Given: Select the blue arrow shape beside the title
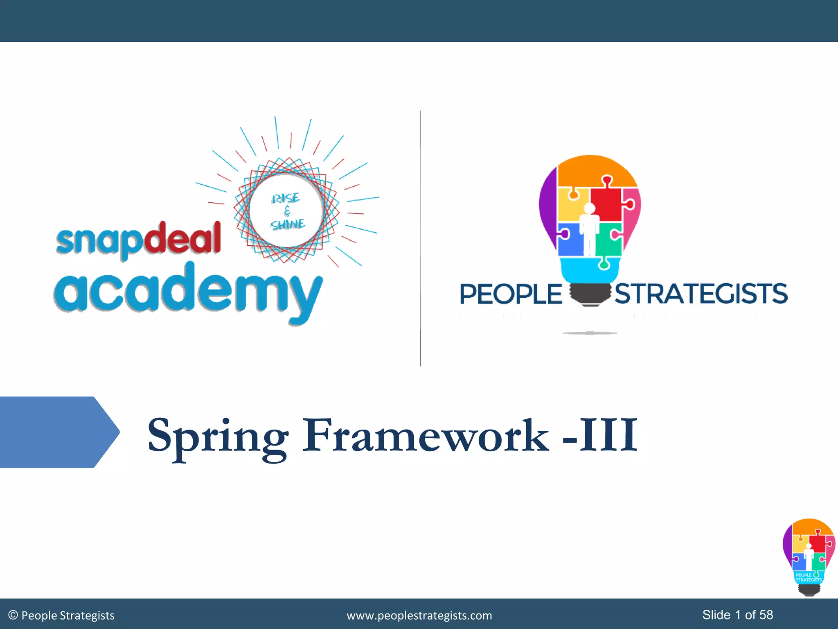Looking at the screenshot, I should [57, 432].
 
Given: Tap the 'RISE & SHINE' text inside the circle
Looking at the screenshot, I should [287, 211].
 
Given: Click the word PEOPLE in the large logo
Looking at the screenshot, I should [511, 294].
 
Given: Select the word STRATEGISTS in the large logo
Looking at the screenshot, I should [701, 294].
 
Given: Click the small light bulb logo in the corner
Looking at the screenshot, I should [808, 557].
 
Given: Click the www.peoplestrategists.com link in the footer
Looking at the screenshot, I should [419, 615].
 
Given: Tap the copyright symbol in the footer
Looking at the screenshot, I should [13, 615].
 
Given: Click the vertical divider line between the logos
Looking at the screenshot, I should [420, 238].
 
